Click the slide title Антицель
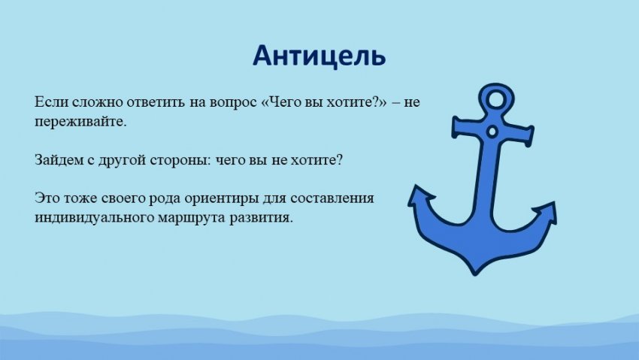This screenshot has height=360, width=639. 319,56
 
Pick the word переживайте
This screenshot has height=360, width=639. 80,121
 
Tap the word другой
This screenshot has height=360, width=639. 123,160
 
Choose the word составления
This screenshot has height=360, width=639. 332,198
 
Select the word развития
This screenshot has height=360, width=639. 261,218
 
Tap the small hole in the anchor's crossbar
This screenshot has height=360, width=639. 492,132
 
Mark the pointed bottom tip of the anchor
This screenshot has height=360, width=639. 475,276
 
